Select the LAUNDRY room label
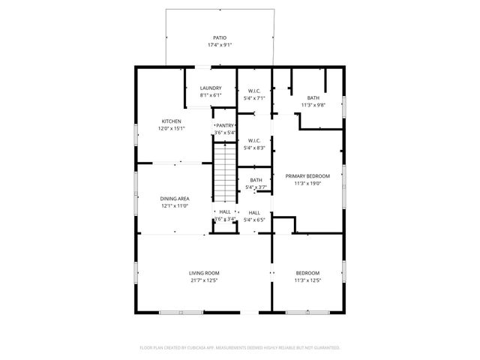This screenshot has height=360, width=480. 210,88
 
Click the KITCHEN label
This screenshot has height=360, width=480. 171,121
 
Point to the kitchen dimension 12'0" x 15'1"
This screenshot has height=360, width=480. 171,129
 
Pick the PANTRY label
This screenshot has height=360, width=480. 225,125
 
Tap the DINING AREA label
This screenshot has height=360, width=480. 174,199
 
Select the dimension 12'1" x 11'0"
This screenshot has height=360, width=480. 174,206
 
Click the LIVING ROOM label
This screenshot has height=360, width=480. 203,273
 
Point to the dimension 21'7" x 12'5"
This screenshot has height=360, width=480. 203,280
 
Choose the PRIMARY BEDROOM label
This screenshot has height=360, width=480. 307,175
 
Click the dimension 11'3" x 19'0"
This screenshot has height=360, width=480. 307,183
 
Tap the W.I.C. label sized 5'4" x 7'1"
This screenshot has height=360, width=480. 254,91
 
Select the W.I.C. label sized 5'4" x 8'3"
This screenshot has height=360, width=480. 254,141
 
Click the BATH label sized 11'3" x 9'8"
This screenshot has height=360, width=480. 312,97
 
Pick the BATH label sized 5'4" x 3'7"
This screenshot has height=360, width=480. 256,180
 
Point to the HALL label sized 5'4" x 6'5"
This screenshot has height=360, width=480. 254,213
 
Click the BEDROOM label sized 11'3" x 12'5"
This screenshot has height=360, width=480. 307,273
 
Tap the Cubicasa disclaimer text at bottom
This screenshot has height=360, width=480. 240,348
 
